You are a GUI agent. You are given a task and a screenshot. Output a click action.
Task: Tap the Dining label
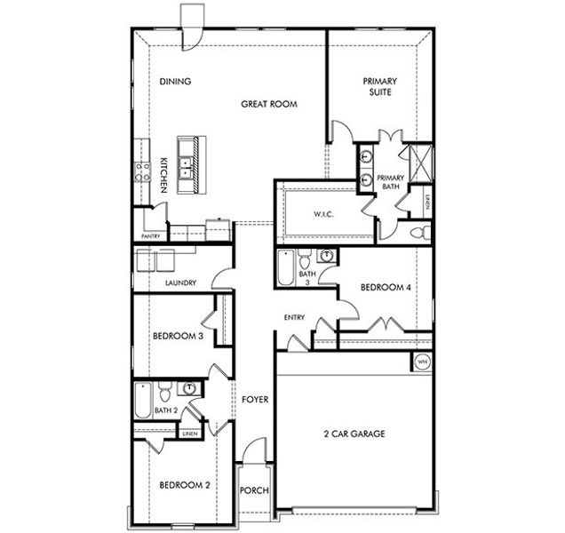pos(175,82)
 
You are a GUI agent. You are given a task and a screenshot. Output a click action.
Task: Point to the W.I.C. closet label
pos(322,213)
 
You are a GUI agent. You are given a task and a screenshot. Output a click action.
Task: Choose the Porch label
pos(254,491)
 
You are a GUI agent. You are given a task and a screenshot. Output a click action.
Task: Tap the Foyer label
pos(255,400)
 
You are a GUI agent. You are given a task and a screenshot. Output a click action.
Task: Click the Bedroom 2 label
pos(184,485)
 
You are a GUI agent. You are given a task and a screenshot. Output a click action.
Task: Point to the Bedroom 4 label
pos(386,287)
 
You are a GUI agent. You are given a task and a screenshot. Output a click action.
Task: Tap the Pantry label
pos(150,236)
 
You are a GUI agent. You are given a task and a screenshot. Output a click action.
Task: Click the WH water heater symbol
pos(422,362)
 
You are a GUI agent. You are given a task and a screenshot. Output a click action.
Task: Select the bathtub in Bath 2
pos(142,400)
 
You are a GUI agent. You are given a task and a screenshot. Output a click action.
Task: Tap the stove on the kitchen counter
pos(142,171)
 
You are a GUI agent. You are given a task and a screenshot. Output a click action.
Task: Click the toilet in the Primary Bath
pos(423,233)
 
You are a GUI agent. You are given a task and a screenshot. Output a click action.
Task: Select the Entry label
pos(294,317)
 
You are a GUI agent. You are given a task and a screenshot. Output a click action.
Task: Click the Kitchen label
pos(165,173)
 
